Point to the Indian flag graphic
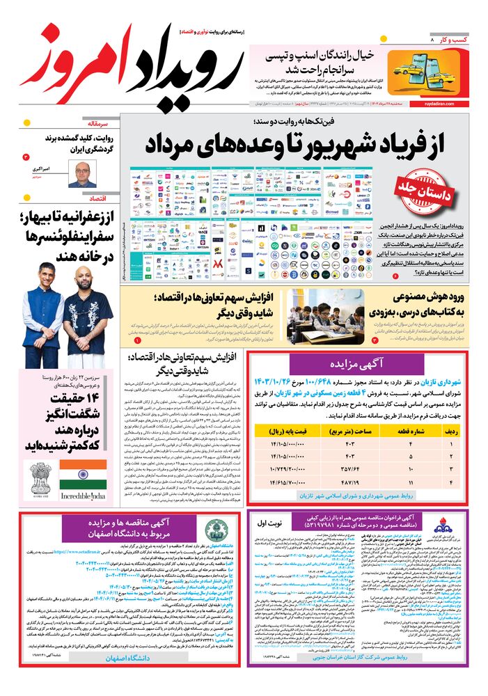coord(83,475)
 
